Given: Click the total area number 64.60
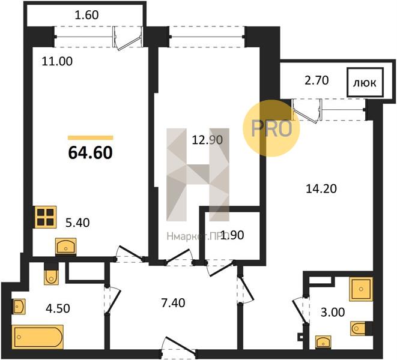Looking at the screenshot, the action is pos(90,153).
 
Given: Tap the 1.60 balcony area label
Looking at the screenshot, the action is pos(87,15).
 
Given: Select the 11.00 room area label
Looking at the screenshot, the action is pos(57,61).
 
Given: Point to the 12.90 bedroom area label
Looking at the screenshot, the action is pos(207,140).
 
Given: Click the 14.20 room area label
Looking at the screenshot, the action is pos(321,189).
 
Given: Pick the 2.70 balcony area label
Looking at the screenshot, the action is pos(317,80).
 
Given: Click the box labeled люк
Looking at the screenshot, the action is pos(365,82).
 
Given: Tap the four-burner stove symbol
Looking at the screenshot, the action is pos(46,217).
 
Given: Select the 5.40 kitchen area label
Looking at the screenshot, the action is pos(77,223).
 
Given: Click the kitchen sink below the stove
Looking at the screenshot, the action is pos(65,246).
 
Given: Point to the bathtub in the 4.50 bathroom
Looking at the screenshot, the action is pos(37,337).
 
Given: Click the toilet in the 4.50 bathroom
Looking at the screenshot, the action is pos(51,277).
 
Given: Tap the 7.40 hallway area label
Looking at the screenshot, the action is pos(173,303).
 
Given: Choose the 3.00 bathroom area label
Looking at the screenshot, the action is pos(333,313).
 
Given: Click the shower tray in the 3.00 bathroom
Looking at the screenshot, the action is pos(361,289).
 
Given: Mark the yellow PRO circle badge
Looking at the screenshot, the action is pos(271,128).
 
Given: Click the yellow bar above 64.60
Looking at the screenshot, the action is pos(90,138).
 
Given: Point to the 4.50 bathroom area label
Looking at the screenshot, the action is pos(58,308).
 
